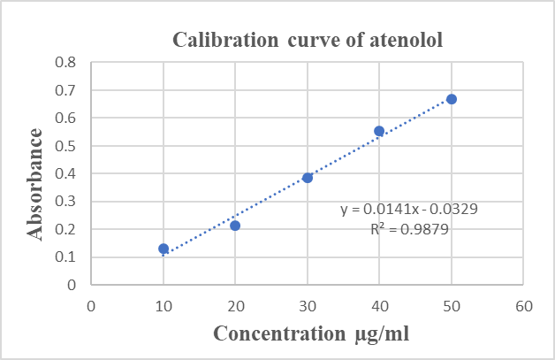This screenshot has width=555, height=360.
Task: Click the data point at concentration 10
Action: (163, 249)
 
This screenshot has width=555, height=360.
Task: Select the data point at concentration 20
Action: (235, 226)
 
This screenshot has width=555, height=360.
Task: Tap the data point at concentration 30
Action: (308, 178)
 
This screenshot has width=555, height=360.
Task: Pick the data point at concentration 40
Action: (379, 131)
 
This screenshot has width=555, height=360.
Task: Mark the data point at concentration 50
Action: (452, 99)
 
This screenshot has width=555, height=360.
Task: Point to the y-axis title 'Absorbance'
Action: (36, 184)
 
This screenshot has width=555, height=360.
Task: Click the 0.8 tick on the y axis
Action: (66, 63)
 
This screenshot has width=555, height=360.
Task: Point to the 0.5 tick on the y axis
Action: (66, 146)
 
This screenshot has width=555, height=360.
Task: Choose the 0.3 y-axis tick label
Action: (66, 202)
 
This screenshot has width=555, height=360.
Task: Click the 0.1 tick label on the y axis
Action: (66, 257)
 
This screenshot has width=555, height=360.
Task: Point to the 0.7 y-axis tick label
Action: (66, 90)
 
